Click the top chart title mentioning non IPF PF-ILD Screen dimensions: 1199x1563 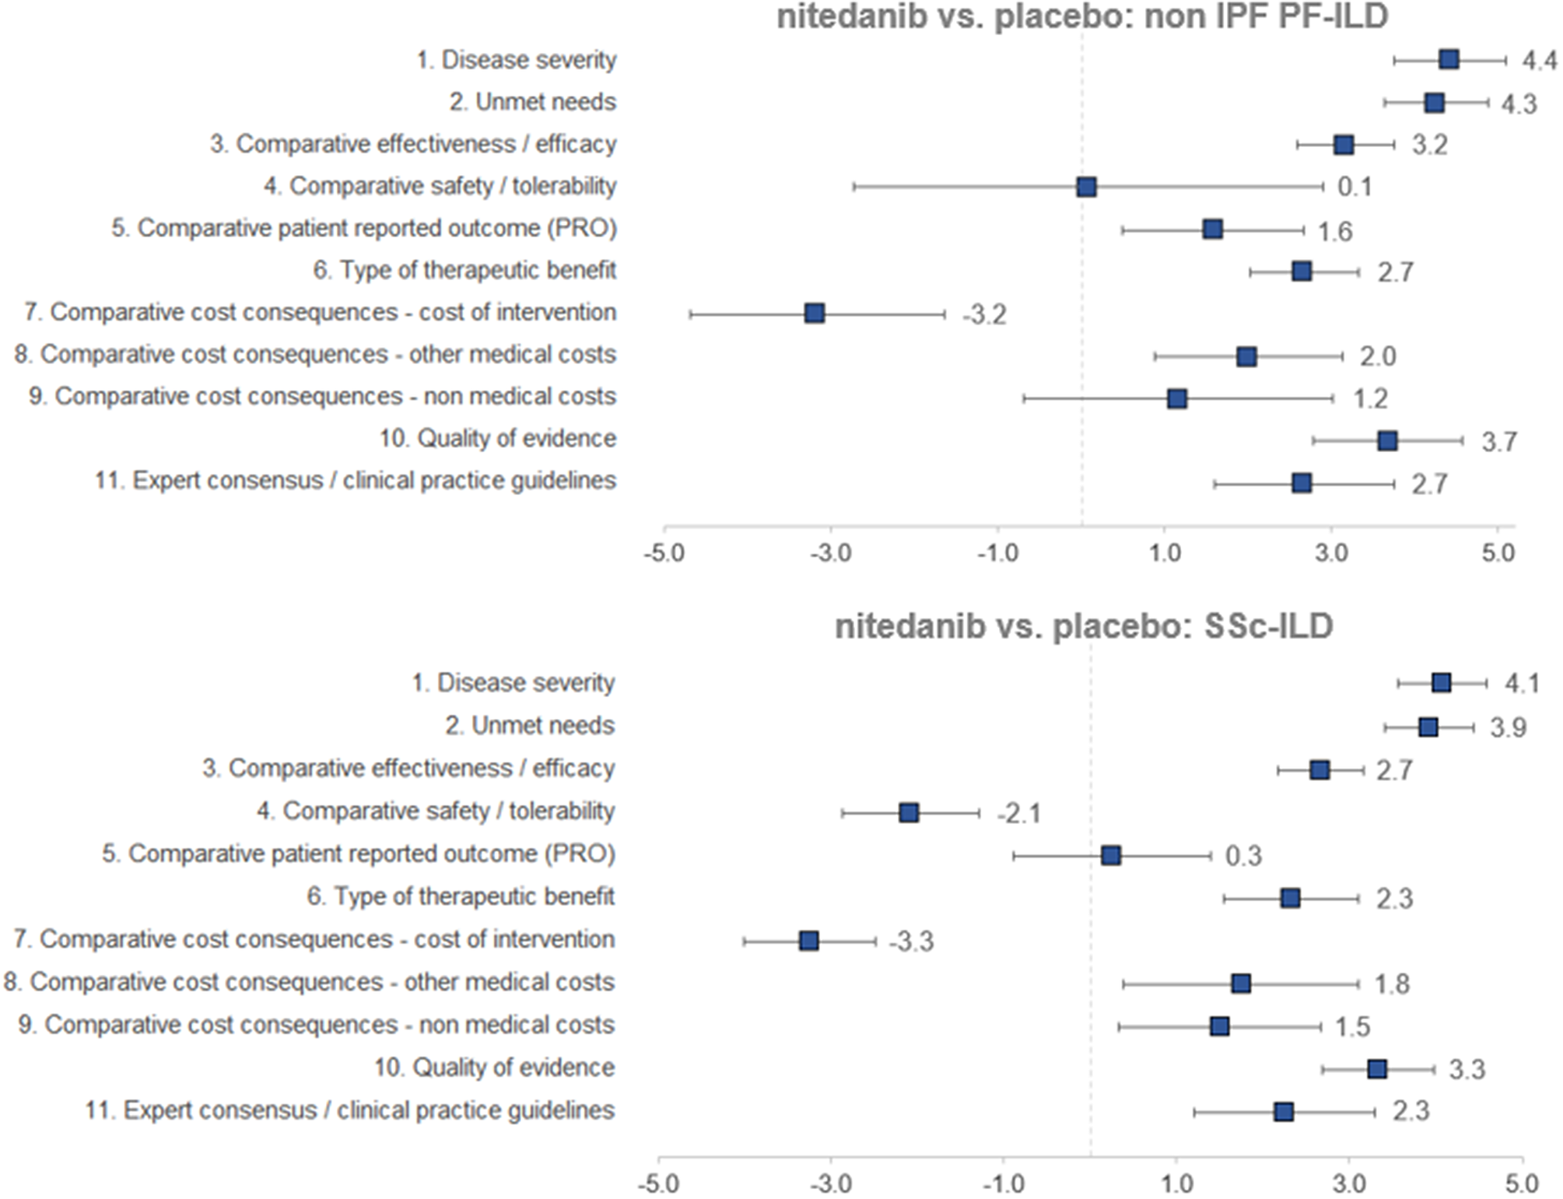(x=1082, y=17)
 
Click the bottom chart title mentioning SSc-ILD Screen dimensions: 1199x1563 (x=1084, y=626)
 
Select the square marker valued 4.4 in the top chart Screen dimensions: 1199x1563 (x=1449, y=60)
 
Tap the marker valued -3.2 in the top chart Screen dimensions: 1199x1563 (x=815, y=314)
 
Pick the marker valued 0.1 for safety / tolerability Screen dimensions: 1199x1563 (x=1087, y=187)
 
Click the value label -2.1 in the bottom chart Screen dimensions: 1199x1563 (x=1018, y=814)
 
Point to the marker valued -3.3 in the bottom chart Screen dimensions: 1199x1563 (x=809, y=941)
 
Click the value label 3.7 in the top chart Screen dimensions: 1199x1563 (x=1498, y=442)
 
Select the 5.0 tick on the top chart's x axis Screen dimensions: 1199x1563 (x=1498, y=553)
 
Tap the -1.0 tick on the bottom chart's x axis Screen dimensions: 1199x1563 (x=1004, y=1183)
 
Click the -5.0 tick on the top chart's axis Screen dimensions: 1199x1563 (x=664, y=553)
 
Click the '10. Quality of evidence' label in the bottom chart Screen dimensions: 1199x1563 (x=494, y=1068)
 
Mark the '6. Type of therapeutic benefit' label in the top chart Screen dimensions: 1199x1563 (x=464, y=270)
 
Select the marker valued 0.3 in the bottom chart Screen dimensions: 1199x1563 (x=1111, y=856)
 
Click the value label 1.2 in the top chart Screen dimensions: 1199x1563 (x=1370, y=399)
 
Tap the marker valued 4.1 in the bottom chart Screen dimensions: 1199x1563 (x=1442, y=683)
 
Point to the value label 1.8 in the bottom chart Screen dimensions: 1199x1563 (x=1392, y=984)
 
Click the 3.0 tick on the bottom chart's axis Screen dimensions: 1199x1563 (x=1349, y=1183)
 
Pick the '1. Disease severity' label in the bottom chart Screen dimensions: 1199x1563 (x=513, y=683)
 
